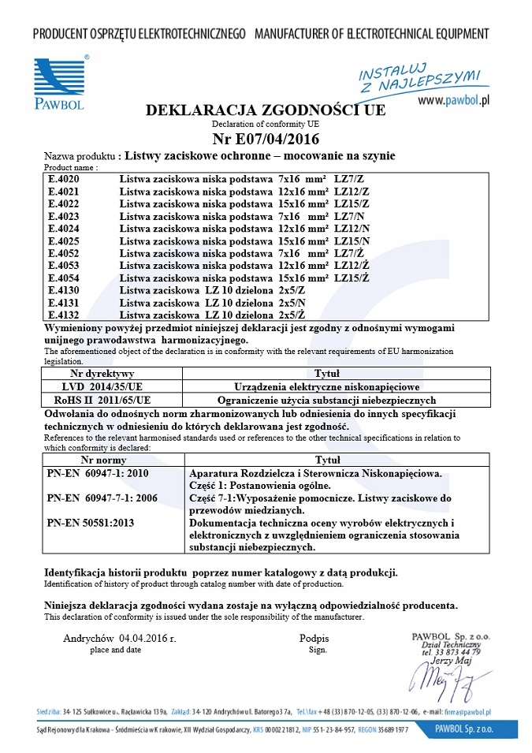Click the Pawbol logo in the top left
click(x=59, y=81)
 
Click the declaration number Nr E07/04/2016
click(x=266, y=140)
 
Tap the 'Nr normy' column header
click(x=104, y=460)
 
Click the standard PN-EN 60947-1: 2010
click(x=98, y=473)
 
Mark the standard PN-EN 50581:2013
click(x=91, y=522)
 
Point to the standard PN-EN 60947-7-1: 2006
click(x=102, y=498)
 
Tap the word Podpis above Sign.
click(x=314, y=638)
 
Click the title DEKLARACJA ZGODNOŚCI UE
click(x=266, y=110)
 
